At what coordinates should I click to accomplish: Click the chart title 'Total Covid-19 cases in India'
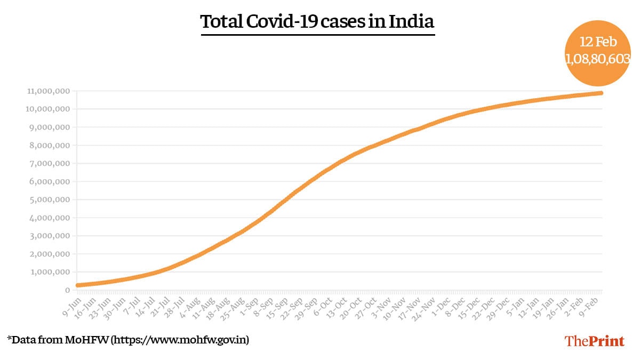[317, 22]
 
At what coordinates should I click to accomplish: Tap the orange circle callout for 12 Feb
[597, 52]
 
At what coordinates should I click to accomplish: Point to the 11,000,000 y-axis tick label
[47, 91]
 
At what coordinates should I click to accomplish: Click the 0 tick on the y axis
[67, 290]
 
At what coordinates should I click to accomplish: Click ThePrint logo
[594, 341]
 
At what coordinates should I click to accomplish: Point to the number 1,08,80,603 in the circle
[598, 59]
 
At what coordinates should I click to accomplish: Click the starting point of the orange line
[78, 285]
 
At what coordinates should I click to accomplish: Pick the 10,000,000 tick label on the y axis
[47, 109]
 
